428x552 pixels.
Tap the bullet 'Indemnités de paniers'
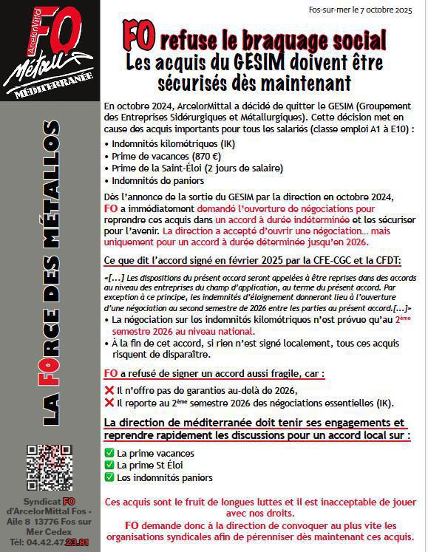pos(151,180)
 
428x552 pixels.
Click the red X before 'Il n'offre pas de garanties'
pos(109,390)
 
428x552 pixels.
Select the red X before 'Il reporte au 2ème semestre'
pos(109,403)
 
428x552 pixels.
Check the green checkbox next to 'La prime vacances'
pos(109,452)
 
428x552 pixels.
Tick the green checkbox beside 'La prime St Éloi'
pos(109,465)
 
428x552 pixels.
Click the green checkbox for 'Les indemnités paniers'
pos(109,477)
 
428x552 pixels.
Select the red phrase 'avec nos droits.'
pos(265,514)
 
